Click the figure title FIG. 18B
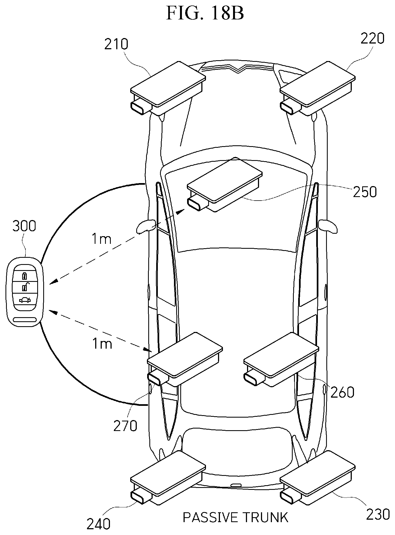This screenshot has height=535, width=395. pyautogui.click(x=205, y=14)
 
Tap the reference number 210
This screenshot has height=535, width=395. pyautogui.click(x=116, y=44)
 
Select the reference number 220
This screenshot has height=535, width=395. pyautogui.click(x=372, y=39)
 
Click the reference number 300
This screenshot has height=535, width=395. pyautogui.click(x=24, y=227)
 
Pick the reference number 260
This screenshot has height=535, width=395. pyautogui.click(x=342, y=392)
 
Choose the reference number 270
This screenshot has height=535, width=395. pyautogui.click(x=125, y=426)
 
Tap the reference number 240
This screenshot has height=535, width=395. pyautogui.click(x=98, y=524)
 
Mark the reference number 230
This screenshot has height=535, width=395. pyautogui.click(x=378, y=514)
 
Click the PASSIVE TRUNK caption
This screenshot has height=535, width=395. pyautogui.click(x=235, y=517)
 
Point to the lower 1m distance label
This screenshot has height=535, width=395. pyautogui.click(x=102, y=344)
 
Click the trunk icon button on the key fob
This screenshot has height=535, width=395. pyautogui.click(x=24, y=300)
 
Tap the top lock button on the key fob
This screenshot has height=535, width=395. pyautogui.click(x=24, y=275)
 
